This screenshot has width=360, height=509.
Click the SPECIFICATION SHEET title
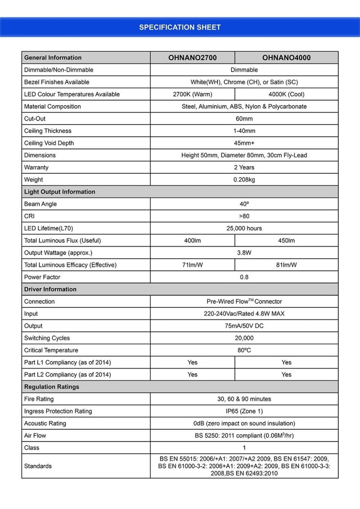click(180, 27)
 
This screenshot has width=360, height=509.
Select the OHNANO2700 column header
click(192, 58)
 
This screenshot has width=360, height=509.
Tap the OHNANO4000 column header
click(286, 58)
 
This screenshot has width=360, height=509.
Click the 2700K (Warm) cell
click(192, 95)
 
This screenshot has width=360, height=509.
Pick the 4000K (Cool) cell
click(286, 95)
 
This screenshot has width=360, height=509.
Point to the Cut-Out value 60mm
click(244, 119)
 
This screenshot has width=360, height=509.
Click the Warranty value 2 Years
click(244, 167)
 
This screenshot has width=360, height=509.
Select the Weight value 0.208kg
click(244, 180)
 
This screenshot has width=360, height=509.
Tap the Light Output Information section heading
click(60, 192)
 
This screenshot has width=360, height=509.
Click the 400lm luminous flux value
click(192, 241)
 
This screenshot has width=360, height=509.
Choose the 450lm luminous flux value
click(286, 241)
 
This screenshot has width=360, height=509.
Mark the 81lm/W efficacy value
click(286, 265)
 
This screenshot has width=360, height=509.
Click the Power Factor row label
click(42, 277)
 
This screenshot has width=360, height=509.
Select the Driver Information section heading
click(50, 289)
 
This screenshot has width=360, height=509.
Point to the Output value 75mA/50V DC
click(244, 326)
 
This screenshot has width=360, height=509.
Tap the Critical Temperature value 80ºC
click(244, 350)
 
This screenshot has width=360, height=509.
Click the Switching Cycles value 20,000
click(244, 338)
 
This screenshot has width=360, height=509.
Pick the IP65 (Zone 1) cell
click(244, 411)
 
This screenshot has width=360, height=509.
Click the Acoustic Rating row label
click(45, 423)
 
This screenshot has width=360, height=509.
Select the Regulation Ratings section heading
click(52, 387)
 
